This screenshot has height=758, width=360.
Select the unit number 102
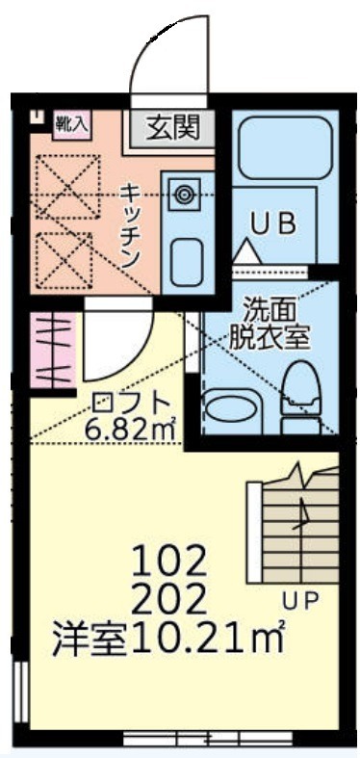click(x=169, y=560)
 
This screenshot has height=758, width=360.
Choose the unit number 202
click(x=169, y=599)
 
